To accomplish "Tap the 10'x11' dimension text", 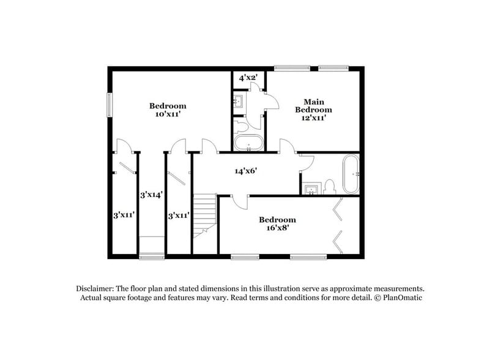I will pos(168,114).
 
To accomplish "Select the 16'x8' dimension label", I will pos(277,228).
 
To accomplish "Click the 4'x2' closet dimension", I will pos(248,78).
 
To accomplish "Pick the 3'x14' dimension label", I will pos(151,195).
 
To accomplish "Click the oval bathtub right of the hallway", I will pos(350,174).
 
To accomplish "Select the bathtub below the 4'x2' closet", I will pos(248,145).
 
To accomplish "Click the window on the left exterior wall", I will pos(110,104).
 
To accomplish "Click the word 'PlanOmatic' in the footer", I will pos(401,298).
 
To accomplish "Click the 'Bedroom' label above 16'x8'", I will pos(277,220).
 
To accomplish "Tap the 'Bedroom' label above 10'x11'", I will pos(168,105).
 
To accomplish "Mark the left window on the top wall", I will pos(291,68).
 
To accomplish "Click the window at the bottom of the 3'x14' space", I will pos(151,256).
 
